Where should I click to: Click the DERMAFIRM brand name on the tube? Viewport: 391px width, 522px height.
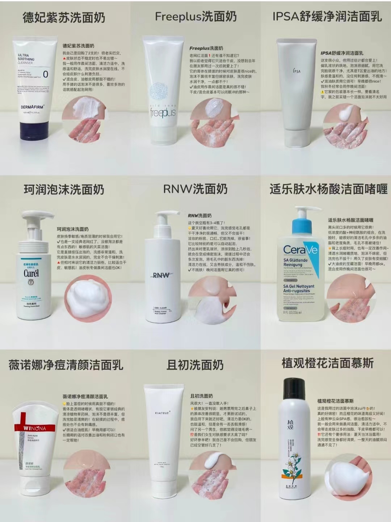(33, 107)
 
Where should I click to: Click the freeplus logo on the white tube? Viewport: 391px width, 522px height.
(163, 112)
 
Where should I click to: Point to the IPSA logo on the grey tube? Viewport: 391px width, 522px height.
(297, 71)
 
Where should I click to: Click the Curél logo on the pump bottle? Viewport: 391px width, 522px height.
(31, 273)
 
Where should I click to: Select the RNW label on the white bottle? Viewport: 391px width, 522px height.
(161, 275)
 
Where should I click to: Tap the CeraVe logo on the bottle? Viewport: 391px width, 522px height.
(300, 250)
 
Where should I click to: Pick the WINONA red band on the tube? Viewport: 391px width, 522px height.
(35, 428)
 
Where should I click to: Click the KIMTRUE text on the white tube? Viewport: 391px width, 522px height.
(162, 413)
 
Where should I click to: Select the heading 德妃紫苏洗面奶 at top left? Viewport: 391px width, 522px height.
(64, 17)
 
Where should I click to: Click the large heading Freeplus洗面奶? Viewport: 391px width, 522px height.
(195, 17)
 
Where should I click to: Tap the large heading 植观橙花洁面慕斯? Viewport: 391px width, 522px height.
(328, 363)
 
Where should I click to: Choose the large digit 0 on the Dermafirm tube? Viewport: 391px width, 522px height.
(46, 74)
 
